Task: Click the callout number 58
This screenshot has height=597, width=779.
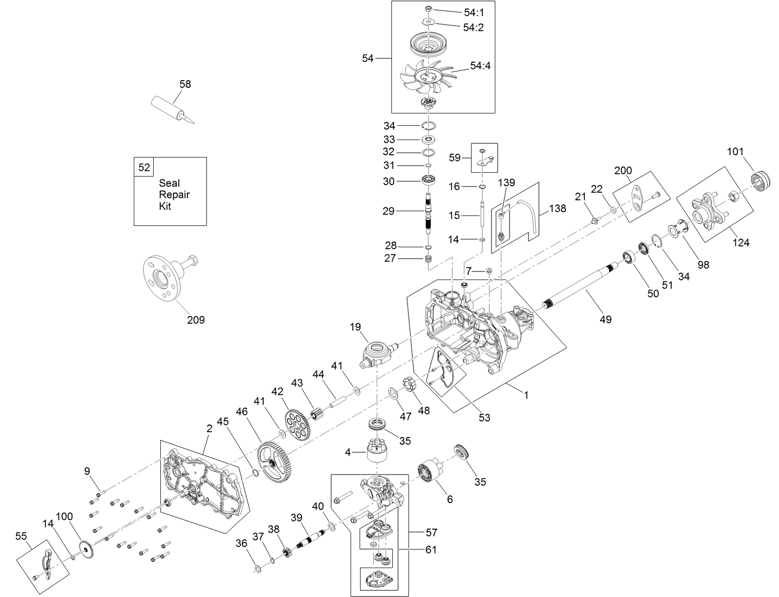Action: (x=185, y=84)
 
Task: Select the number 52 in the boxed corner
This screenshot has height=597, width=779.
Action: (x=144, y=167)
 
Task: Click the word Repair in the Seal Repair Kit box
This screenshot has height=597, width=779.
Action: (x=174, y=195)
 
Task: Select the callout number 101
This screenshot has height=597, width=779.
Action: (x=735, y=152)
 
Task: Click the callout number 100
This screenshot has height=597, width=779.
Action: (x=65, y=516)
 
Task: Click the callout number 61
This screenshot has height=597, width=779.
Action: (x=431, y=550)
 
